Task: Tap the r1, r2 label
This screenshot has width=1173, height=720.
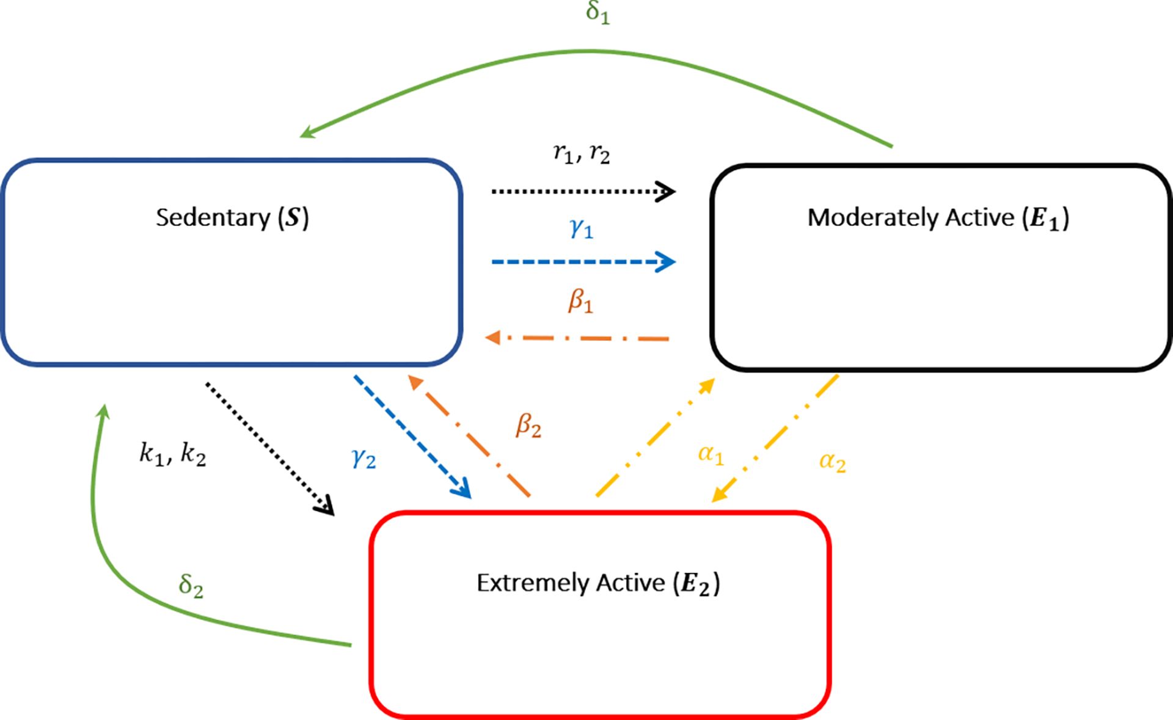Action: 582,153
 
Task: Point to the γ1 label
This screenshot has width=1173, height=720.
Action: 582,228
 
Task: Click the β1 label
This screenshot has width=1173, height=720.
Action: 580,301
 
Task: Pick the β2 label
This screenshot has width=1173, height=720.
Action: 528,425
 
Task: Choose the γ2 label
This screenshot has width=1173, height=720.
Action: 364,457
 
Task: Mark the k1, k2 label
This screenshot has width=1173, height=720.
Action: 173,454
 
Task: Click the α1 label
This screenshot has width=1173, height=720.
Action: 711,454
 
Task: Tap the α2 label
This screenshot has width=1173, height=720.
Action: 833,462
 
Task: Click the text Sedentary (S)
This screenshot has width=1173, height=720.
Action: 232,218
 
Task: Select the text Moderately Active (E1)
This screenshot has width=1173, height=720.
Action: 938,218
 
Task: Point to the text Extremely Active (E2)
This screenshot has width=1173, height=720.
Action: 599,583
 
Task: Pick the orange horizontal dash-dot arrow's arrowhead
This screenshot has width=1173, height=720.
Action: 493,337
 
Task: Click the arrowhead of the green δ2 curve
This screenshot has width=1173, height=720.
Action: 103,411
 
